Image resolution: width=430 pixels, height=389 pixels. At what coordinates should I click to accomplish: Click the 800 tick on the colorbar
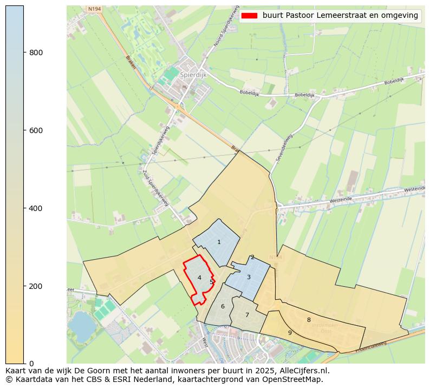coord(24,52)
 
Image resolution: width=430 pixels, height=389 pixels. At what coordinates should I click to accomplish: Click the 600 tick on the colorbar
coord(24,130)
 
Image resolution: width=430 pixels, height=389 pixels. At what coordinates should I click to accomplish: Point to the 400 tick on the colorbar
coord(24,208)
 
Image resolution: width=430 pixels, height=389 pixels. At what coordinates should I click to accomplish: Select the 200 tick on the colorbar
coord(24,286)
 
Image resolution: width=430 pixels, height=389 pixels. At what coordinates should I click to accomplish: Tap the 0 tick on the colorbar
coord(24,363)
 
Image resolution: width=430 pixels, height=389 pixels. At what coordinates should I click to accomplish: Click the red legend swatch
coord(250,16)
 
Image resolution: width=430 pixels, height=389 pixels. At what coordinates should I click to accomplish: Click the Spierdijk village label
coord(193,75)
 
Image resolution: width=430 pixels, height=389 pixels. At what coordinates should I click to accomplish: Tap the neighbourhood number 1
coord(219,242)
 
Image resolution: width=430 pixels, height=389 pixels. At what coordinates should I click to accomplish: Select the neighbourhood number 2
coord(252,258)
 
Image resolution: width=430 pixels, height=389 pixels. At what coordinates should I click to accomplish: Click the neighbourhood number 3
coord(249,278)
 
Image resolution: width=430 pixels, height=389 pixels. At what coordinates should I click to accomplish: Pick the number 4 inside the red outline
coord(199,278)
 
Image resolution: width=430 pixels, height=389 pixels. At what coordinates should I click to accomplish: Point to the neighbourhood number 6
coord(223,307)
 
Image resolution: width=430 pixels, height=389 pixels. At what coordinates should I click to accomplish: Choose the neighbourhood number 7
coord(247,315)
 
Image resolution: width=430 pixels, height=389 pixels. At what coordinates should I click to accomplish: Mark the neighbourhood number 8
coord(309,320)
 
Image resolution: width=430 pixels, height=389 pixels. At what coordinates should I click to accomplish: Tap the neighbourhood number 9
coord(290,333)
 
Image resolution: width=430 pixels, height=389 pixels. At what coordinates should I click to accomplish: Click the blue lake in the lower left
coord(82,324)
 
